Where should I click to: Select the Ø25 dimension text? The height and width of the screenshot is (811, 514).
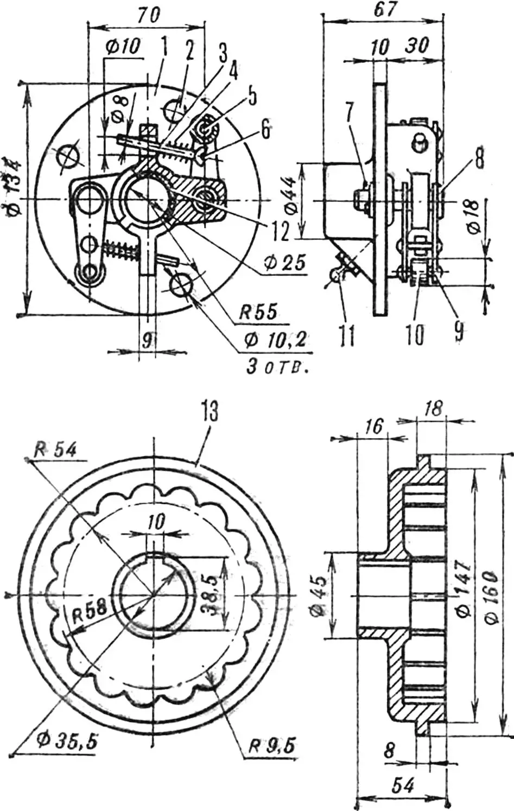[284, 262]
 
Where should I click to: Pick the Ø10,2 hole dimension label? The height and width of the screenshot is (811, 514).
[276, 340]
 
